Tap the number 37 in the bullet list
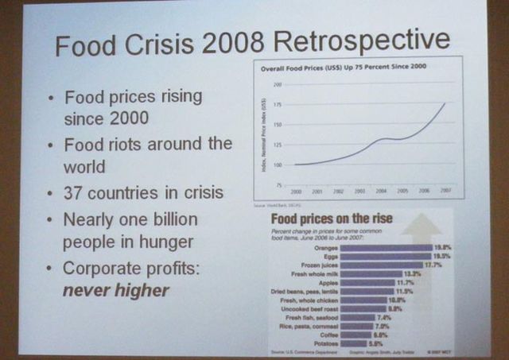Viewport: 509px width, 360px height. [x=78, y=194]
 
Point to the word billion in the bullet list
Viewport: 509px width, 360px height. [x=169, y=219]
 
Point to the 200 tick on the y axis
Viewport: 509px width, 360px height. [x=278, y=85]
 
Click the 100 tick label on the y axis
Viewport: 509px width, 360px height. [x=278, y=165]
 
